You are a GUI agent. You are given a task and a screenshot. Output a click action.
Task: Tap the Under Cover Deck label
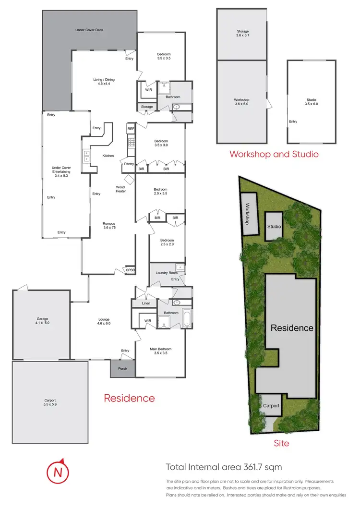[x=89, y=30]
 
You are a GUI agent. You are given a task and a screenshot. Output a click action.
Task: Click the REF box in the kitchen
[x=130, y=129]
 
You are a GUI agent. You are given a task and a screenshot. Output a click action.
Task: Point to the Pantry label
[x=128, y=164]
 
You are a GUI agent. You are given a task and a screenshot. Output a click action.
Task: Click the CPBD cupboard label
[x=130, y=270]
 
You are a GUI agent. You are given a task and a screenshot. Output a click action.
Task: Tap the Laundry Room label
[x=167, y=273]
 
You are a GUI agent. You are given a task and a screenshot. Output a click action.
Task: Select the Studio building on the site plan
[x=274, y=226]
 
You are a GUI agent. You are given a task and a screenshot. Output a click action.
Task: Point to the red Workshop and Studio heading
[x=274, y=154]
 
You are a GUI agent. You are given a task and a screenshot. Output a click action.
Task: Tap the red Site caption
[x=281, y=443]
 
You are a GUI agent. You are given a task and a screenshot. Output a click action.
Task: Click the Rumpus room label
[x=110, y=226]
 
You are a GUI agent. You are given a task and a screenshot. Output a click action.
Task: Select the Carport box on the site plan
[x=271, y=406]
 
